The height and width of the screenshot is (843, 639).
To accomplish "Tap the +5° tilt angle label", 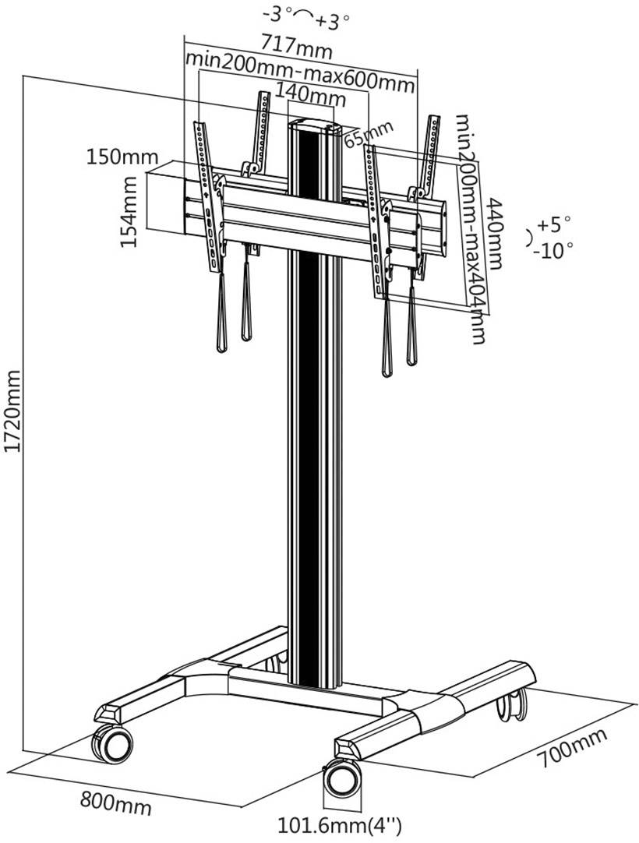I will [x=553, y=225].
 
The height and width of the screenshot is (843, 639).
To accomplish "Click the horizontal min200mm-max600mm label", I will [x=299, y=64].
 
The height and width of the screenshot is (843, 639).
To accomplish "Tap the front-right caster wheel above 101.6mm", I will [x=343, y=776].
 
